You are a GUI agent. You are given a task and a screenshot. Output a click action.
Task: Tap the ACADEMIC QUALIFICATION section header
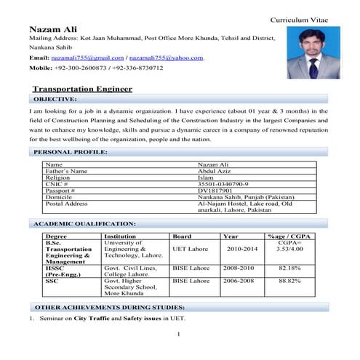[x=85, y=223]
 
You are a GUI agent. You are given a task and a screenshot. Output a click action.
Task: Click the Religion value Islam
[x=206, y=177]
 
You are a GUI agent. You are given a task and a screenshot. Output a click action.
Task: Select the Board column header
[x=181, y=236]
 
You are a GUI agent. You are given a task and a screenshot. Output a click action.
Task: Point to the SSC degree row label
[x=52, y=280]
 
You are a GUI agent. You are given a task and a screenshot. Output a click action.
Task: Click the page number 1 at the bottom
[x=178, y=334]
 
